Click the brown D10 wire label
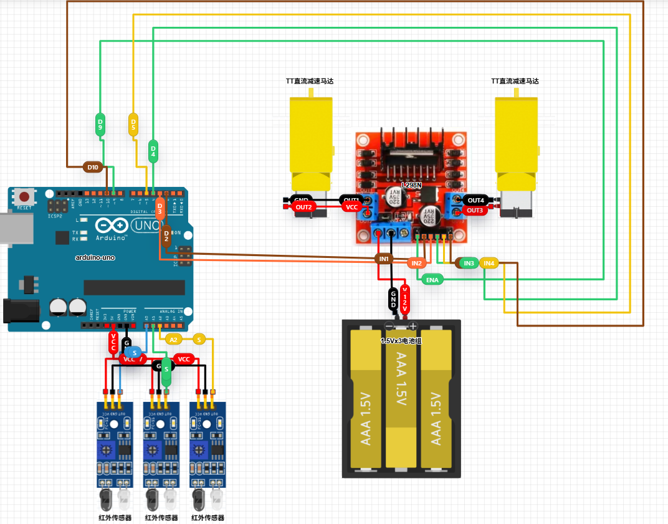(93, 167)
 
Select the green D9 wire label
(100, 124)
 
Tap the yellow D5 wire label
(133, 124)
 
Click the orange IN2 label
(417, 263)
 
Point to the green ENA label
(432, 280)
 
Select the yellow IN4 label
(489, 264)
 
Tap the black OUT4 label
(475, 200)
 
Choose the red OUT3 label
(475, 211)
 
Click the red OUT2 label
(303, 207)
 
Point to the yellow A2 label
(174, 340)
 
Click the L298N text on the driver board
(412, 185)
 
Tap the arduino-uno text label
(95, 257)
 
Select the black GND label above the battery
(393, 300)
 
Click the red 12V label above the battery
(405, 300)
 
